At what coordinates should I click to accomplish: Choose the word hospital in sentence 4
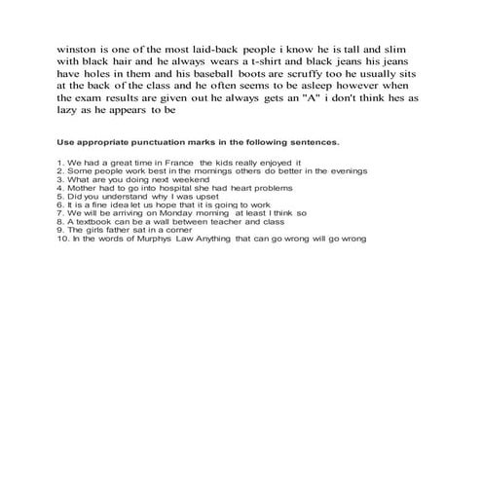pos(158,189)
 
